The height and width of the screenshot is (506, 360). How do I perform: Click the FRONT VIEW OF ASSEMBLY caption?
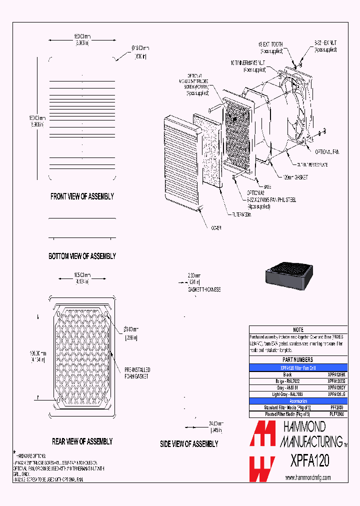82,196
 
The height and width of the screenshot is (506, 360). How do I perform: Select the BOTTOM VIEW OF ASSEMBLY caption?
82,256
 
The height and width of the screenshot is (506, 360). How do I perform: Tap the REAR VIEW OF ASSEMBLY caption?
82,441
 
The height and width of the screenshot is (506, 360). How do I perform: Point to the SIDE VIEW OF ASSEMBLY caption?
189,443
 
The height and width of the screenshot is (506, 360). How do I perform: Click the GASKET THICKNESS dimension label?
204,289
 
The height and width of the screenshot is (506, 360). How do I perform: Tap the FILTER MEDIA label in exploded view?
241,214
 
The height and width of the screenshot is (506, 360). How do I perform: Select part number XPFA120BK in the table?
336,374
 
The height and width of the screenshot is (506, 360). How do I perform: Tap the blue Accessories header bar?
298,401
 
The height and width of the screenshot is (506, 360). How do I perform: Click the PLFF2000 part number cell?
336,414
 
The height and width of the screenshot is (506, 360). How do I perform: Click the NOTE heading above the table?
298,330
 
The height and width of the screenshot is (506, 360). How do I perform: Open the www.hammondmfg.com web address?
308,477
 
